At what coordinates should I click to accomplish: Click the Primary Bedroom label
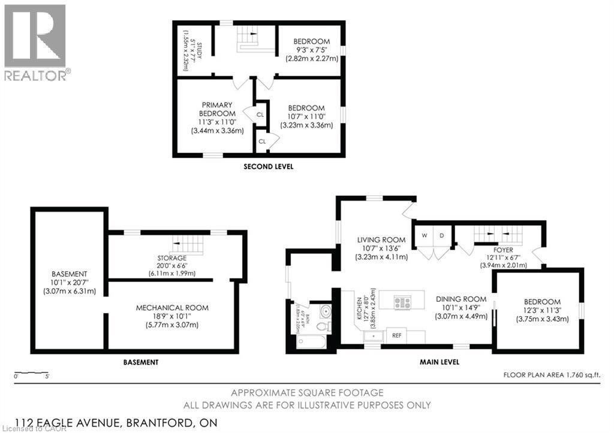pos(217,109)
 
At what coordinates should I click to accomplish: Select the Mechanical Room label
pos(172,308)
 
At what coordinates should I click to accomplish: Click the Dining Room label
pos(460,299)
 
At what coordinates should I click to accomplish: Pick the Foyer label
pos(503,250)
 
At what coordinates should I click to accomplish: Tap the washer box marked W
pos(424,235)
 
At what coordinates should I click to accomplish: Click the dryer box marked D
pos(441,235)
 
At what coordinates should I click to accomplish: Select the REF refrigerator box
pos(397,336)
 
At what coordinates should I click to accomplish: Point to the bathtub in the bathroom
pos(311,342)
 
